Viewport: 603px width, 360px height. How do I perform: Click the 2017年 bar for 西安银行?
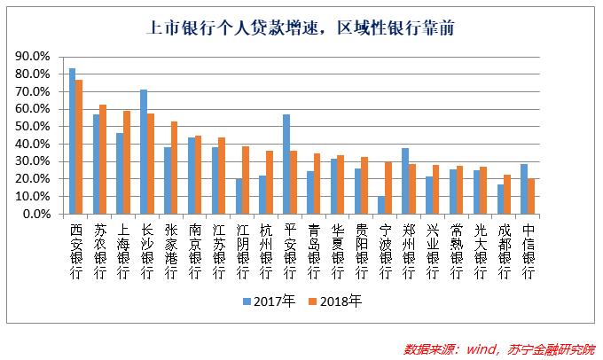coord(72,142)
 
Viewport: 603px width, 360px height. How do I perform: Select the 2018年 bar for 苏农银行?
coord(103,160)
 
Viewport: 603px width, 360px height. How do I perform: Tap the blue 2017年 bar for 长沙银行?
coord(144,152)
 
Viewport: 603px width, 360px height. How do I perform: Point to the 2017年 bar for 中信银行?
coord(524,189)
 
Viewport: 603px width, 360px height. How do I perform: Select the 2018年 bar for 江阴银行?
coord(246,180)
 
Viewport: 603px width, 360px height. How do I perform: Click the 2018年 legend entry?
coord(339,301)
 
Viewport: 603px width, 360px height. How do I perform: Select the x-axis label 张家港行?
coord(171,251)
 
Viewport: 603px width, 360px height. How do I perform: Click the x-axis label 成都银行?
coord(505,251)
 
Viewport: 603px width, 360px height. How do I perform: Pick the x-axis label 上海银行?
coord(123,251)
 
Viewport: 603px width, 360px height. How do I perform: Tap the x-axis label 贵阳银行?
coord(362,251)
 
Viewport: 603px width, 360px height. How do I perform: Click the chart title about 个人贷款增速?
coord(301,27)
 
